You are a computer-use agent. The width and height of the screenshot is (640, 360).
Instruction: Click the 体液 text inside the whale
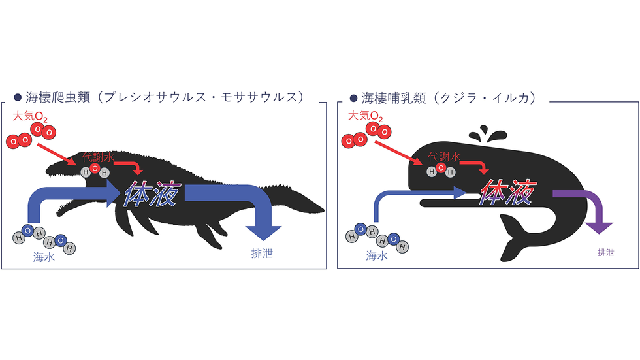tap(509, 191)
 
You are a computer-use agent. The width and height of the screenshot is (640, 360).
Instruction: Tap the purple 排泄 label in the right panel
tap(606, 252)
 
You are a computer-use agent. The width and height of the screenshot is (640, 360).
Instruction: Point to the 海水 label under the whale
tap(377, 255)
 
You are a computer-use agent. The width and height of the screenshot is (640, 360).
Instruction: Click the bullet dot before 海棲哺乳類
tap(353, 99)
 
